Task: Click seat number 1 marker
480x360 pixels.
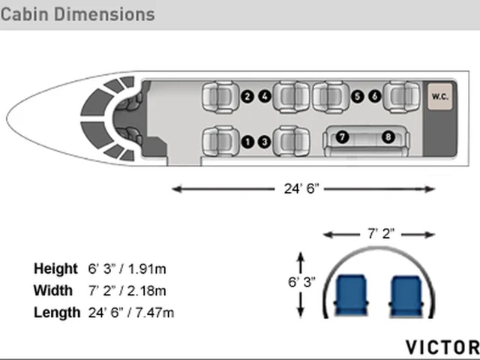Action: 247,142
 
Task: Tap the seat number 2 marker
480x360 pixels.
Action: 247,97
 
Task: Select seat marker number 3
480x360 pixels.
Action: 265,142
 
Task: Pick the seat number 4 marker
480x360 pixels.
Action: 265,97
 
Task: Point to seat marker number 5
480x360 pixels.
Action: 357,97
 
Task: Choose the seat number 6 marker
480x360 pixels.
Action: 375,97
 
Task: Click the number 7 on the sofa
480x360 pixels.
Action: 342,136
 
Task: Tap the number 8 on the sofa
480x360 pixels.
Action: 388,136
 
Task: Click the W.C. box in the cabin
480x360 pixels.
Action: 440,97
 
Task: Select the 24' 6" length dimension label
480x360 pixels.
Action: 301,188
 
